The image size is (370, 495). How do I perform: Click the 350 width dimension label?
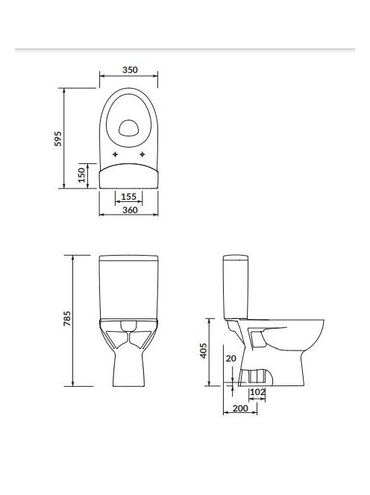pos(131,70)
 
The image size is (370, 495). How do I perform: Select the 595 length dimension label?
pos(58,139)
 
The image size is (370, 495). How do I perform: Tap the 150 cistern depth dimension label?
pos(82,175)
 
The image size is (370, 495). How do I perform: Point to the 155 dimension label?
pos(128,197)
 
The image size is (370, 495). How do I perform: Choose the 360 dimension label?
pos(130,210)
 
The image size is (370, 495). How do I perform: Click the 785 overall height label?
pos(67,318)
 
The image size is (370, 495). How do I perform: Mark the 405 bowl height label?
pos(204,350)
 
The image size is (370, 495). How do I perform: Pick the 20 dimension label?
pos(231,359)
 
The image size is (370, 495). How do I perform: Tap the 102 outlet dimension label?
pos(257,392)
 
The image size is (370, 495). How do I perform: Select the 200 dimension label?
pos(240,409)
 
